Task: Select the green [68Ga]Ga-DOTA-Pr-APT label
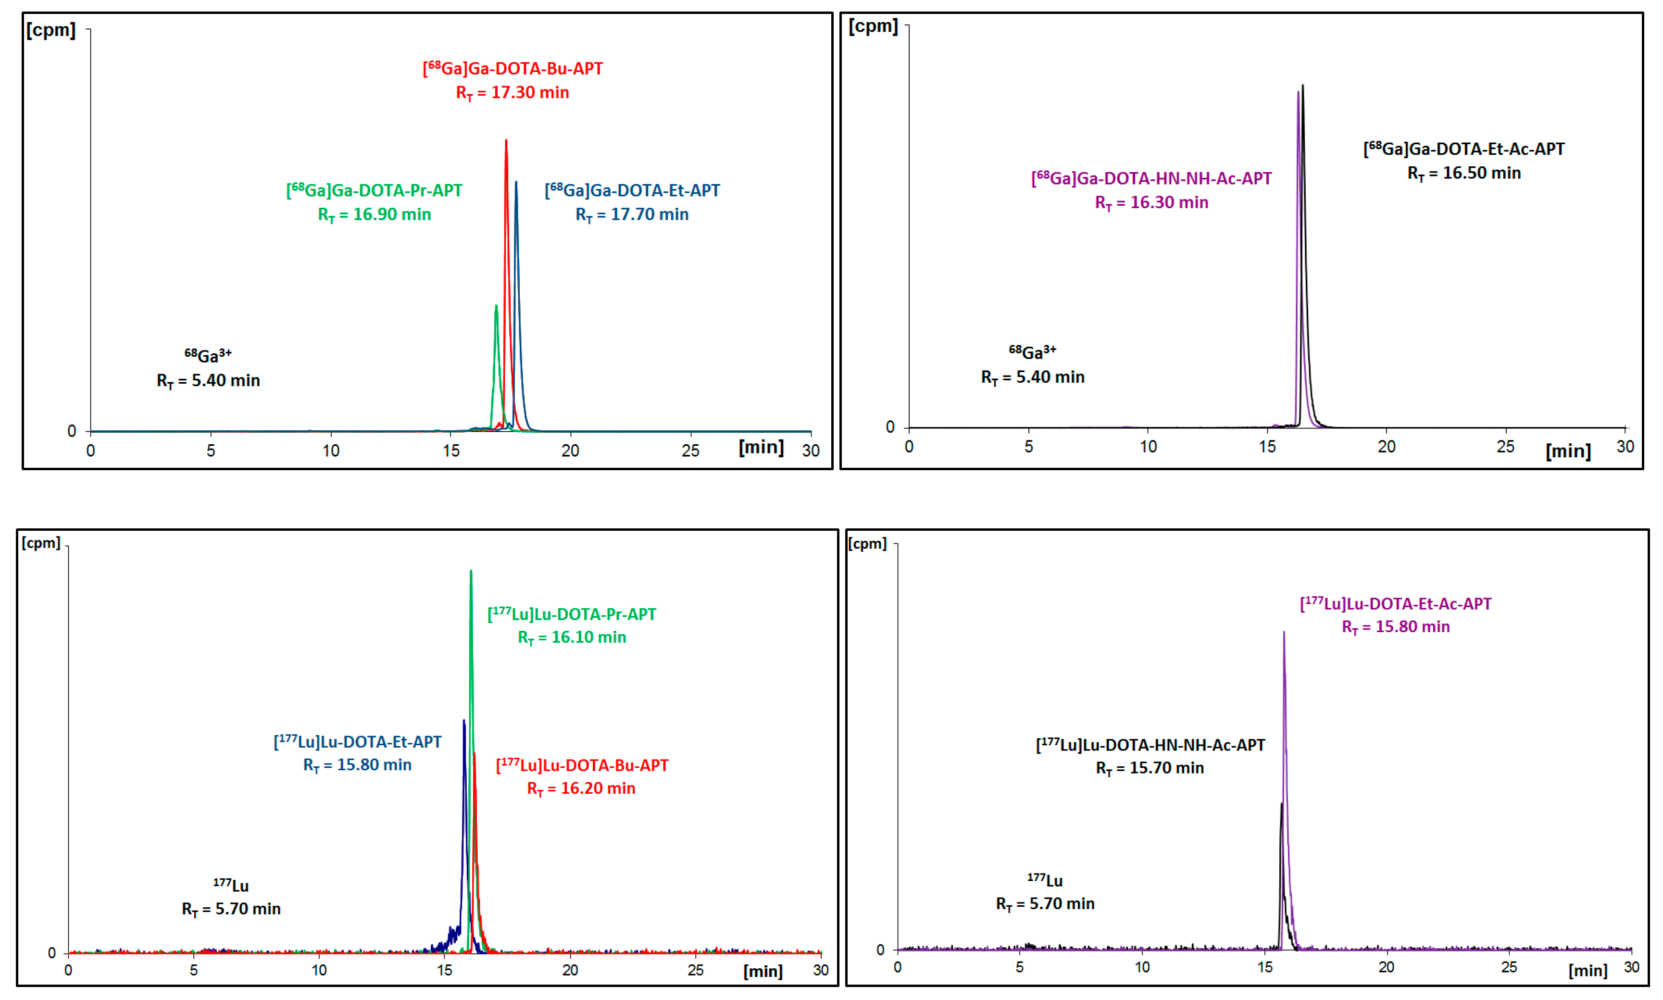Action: (374, 191)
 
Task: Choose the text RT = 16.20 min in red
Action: (580, 788)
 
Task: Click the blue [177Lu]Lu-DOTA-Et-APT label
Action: (357, 742)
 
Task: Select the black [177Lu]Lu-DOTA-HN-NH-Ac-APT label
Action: (1150, 745)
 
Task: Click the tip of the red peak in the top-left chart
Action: (506, 141)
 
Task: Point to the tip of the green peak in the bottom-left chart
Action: (471, 572)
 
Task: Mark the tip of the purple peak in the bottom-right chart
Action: (1284, 633)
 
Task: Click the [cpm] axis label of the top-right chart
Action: (873, 26)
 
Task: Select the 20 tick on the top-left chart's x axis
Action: (570, 451)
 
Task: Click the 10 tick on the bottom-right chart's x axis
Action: (1142, 967)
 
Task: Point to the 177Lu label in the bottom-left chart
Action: (231, 886)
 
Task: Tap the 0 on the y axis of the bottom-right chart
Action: (880, 950)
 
